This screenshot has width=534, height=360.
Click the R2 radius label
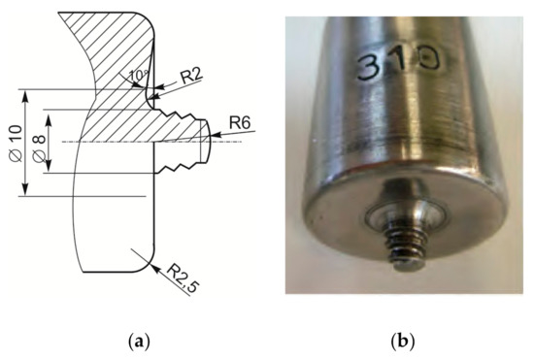pyautogui.click(x=191, y=77)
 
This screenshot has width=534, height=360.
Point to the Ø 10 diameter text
pyautogui.click(x=16, y=144)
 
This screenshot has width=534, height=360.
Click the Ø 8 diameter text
pyautogui.click(x=39, y=148)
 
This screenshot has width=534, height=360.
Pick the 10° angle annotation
pyautogui.click(x=139, y=76)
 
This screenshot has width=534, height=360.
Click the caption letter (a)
pyautogui.click(x=139, y=341)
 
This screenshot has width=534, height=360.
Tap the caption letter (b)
pyautogui.click(x=403, y=341)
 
